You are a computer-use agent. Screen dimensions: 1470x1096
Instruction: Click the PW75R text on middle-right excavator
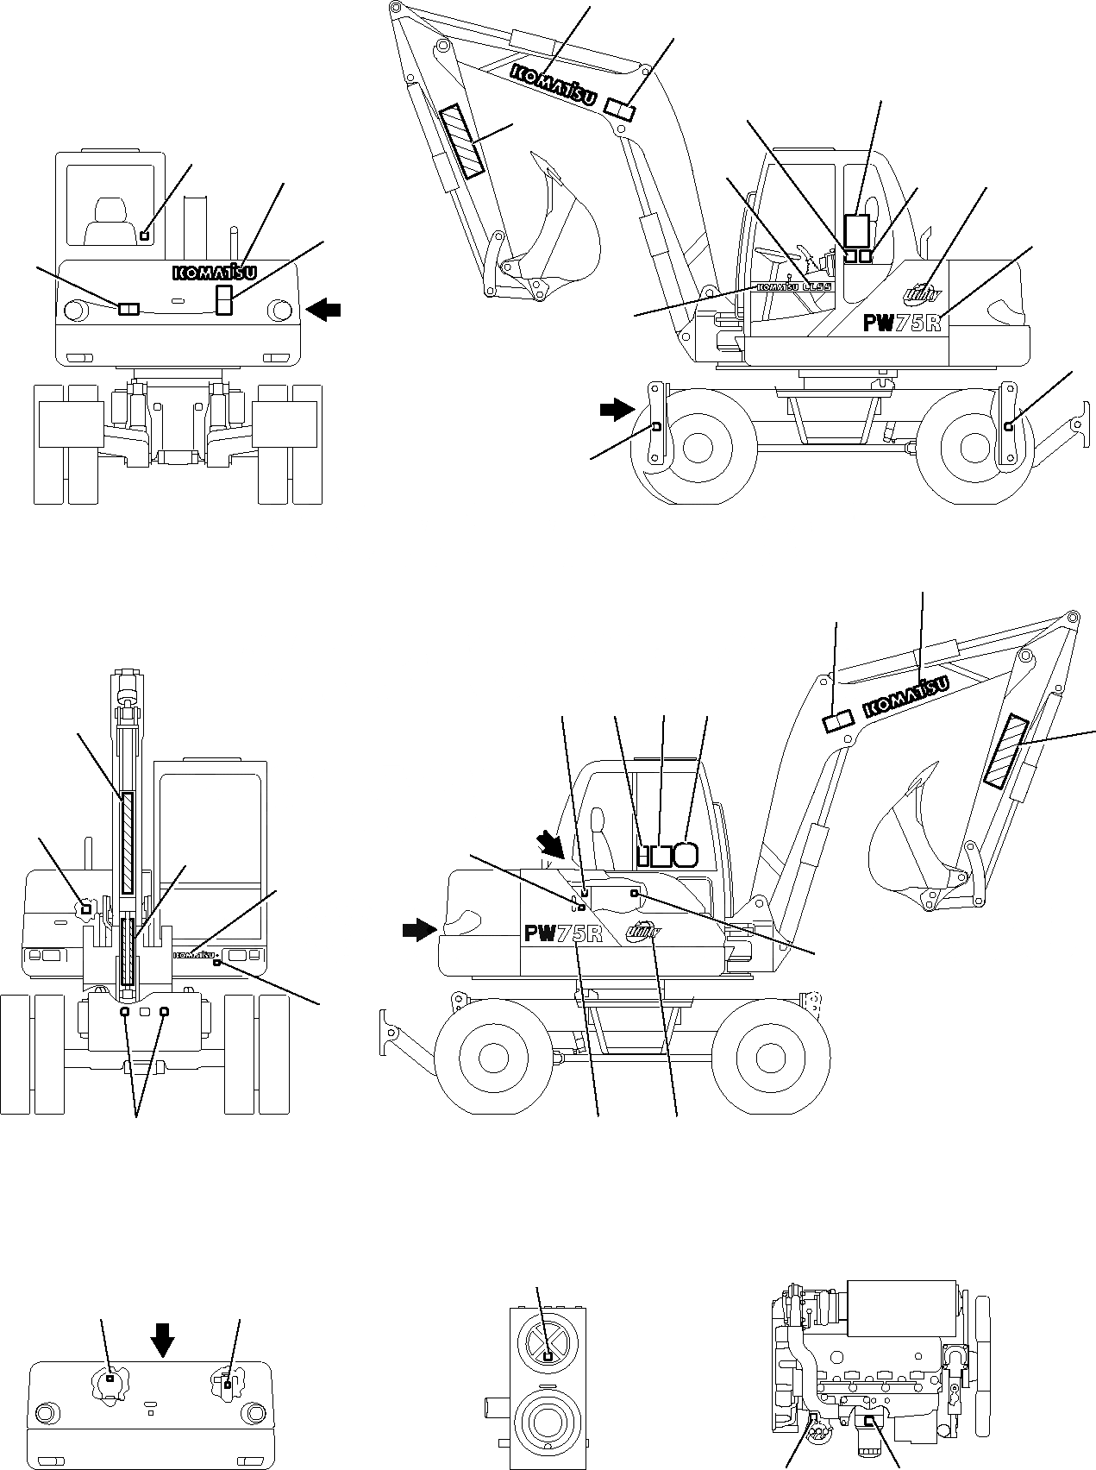pos(563,933)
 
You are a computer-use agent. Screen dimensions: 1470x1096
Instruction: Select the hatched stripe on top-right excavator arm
pos(462,142)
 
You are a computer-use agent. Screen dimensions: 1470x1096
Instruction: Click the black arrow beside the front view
pos(323,309)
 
